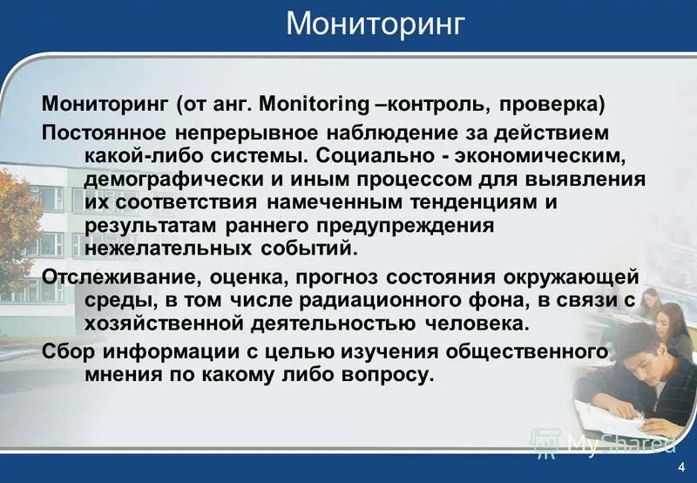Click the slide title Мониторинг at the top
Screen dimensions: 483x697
[x=377, y=24]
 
